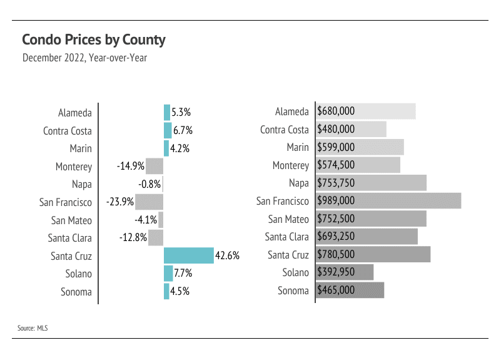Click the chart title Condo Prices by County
(94, 40)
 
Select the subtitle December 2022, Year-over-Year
(84, 58)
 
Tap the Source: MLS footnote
(33, 327)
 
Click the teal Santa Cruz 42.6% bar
(188, 255)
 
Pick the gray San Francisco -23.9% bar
(149, 202)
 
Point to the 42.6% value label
(228, 255)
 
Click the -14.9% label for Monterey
(131, 167)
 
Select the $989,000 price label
(336, 201)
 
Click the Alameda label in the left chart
(75, 113)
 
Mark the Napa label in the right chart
(299, 183)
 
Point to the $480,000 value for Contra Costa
(336, 130)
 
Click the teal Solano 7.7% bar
(168, 274)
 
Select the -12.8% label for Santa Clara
(133, 238)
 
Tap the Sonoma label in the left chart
(76, 292)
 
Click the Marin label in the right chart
(297, 147)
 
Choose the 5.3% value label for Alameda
(181, 113)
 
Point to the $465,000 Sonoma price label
(336, 291)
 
